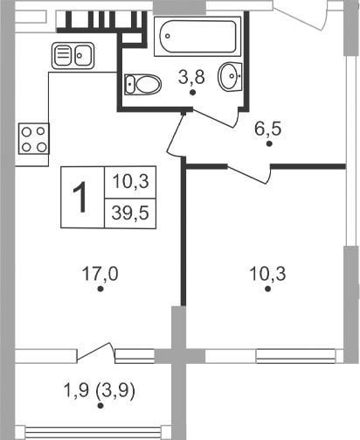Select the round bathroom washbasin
pos(230,77)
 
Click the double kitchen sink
pos(73,56)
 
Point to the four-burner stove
pos(34,138)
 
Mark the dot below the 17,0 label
pos(100,289)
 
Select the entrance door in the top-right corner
pos(301,10)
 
